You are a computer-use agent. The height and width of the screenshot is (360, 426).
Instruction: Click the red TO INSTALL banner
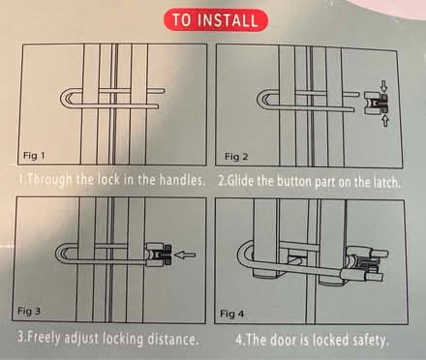point(213,19)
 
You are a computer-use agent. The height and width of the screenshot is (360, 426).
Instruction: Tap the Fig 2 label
point(237,155)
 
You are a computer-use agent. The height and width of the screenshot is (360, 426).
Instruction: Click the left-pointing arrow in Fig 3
point(182,256)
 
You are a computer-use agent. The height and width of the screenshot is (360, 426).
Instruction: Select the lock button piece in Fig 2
point(373,102)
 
